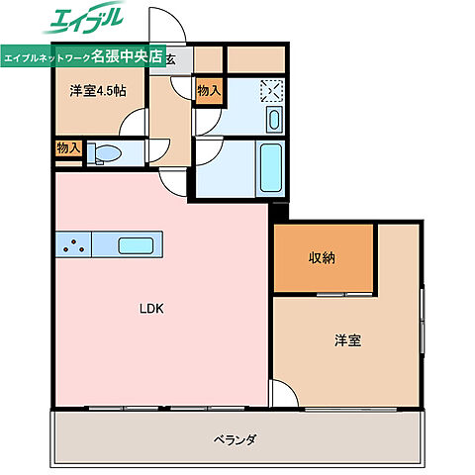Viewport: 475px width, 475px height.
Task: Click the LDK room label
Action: click(x=150, y=309)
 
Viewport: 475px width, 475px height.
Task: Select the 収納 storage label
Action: click(x=321, y=258)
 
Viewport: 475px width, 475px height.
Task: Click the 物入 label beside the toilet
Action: click(x=68, y=148)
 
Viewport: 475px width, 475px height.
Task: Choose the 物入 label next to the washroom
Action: click(x=209, y=91)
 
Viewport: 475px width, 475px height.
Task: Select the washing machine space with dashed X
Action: click(x=270, y=91)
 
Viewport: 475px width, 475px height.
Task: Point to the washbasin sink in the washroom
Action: click(x=274, y=121)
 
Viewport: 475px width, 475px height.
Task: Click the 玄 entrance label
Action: click(x=171, y=58)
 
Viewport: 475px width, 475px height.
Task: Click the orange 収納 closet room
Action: click(x=323, y=259)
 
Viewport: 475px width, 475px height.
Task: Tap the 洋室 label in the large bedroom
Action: click(x=346, y=340)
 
